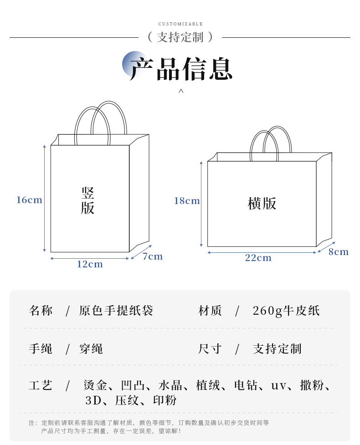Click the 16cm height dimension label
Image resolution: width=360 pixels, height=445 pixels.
tap(29, 200)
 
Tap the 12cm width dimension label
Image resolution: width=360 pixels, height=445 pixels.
tap(90, 264)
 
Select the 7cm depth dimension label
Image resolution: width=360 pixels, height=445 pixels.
tap(153, 256)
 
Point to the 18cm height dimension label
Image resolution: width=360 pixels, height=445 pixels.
tap(187, 201)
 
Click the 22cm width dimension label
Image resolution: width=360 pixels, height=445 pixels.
tap(258, 258)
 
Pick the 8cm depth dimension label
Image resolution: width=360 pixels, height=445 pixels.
tap(339, 252)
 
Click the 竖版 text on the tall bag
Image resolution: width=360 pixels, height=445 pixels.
tap(88, 200)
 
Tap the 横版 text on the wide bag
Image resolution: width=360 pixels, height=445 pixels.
tap(262, 204)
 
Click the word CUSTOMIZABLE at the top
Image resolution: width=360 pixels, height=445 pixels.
tap(180, 24)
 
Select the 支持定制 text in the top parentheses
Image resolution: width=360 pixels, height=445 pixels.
tap(180, 37)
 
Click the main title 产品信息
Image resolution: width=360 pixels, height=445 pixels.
tap(181, 70)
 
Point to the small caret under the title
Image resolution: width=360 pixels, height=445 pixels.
tap(181, 91)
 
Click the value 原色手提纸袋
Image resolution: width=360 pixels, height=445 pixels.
tap(116, 311)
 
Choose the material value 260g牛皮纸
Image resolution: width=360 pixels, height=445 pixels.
tap(286, 311)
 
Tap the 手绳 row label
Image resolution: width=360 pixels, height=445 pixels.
tap(41, 349)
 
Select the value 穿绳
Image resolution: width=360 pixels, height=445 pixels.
tap(91, 349)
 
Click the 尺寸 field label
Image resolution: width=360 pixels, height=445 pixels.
tap(210, 349)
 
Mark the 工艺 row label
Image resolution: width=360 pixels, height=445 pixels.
tap(41, 385)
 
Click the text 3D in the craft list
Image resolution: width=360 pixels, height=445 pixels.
tap(93, 401)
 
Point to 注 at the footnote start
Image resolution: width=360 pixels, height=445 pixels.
tap(31, 423)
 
